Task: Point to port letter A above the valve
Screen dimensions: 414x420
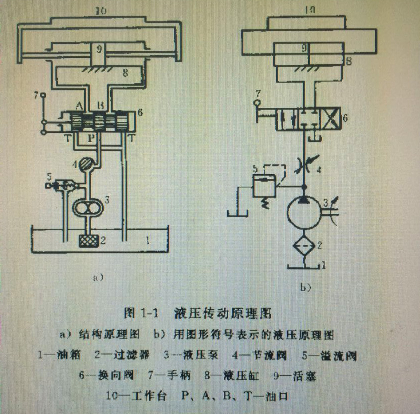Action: point(80,106)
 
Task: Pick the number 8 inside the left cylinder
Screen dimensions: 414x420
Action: point(126,73)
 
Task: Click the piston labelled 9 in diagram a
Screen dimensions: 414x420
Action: point(99,49)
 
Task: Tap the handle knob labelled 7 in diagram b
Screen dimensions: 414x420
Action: point(257,103)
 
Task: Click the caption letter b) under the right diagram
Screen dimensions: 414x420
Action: point(306,287)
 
